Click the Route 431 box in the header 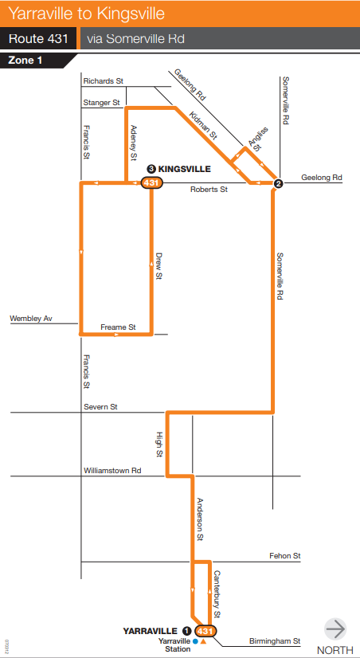coord(39,38)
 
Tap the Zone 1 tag coord(26,60)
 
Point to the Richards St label coord(103,81)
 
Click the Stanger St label coord(101,103)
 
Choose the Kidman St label coord(204,126)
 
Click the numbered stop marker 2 coord(279,184)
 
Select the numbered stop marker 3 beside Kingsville coord(151,169)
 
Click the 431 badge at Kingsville coord(151,183)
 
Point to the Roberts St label coord(209,190)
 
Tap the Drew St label coord(158,265)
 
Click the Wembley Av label coord(30,319)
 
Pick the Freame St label coord(118,327)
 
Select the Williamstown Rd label coord(112,471)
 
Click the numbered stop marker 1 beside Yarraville coord(186,630)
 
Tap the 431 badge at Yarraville coord(205,630)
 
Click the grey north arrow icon coord(335,629)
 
